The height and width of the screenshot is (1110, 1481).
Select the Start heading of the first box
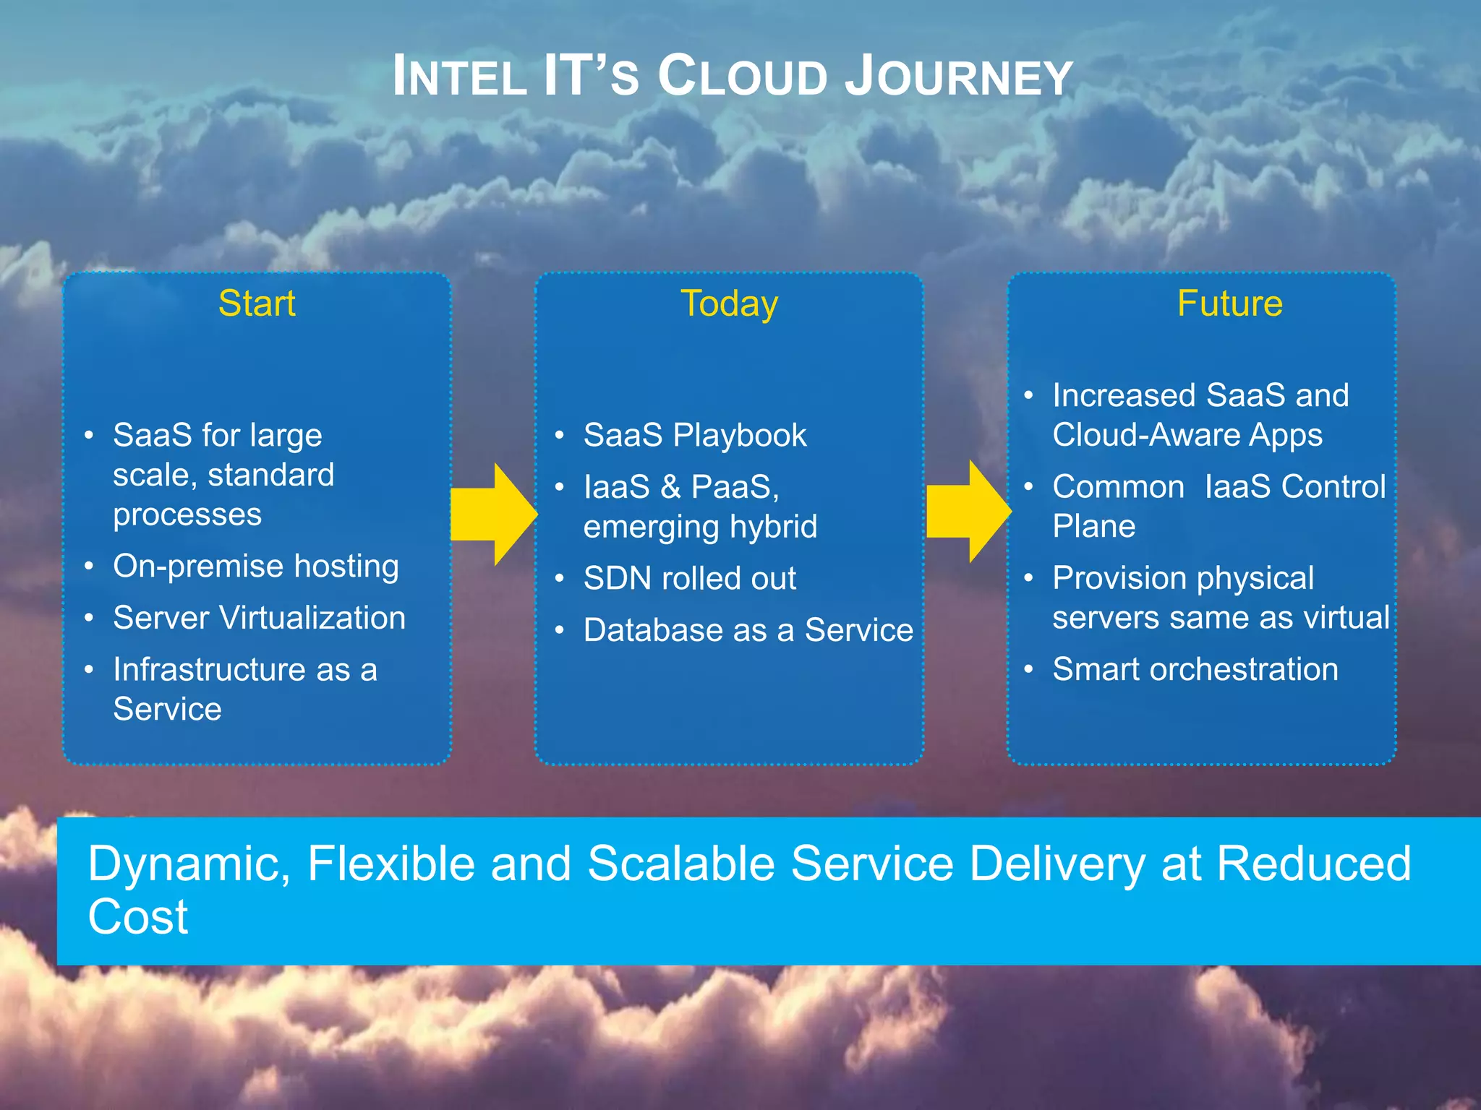pyautogui.click(x=257, y=303)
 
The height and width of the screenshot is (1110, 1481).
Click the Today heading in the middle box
pyautogui.click(x=729, y=303)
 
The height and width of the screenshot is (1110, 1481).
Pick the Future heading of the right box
pyautogui.click(x=1229, y=303)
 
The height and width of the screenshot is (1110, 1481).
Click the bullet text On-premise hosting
pyautogui.click(x=256, y=566)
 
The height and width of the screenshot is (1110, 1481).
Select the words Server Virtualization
pyautogui.click(x=259, y=618)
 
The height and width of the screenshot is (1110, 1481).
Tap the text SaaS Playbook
pyautogui.click(x=694, y=435)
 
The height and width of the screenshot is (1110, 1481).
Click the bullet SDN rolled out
pyautogui.click(x=689, y=578)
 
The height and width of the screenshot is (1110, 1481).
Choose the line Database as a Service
pyautogui.click(x=748, y=630)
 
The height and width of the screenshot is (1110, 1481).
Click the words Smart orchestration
pyautogui.click(x=1195, y=669)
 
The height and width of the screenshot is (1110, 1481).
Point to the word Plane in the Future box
pyautogui.click(x=1093, y=526)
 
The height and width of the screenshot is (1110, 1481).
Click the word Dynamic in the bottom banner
pyautogui.click(x=188, y=864)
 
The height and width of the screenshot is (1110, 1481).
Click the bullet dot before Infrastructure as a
pyautogui.click(x=88, y=670)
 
